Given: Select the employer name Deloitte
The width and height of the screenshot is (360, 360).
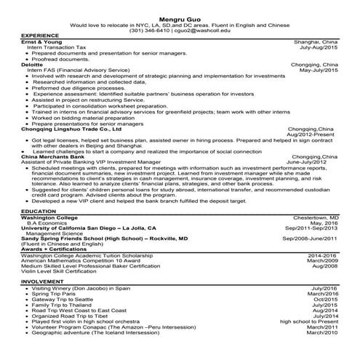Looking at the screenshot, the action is [33, 63].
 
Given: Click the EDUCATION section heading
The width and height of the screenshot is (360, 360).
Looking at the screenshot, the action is [39, 212].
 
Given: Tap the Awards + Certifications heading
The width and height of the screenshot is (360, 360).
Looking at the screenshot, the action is [56, 249].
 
